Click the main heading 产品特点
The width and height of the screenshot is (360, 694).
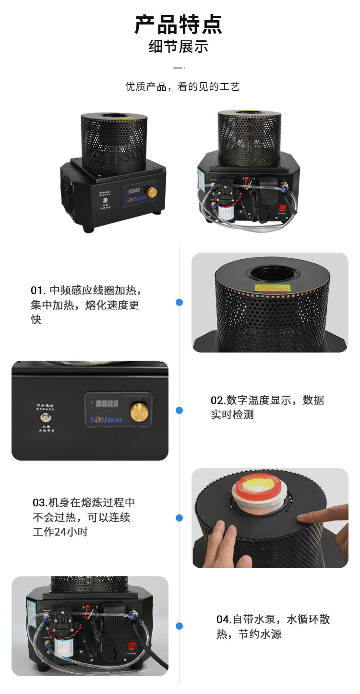point(179,24)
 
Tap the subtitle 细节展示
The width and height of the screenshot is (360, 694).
point(179,47)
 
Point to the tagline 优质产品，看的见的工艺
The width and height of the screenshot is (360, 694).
point(182,86)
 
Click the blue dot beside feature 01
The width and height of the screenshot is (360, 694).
point(179,302)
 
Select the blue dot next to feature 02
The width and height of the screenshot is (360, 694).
point(179,410)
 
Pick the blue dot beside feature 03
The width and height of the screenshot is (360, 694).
point(179,518)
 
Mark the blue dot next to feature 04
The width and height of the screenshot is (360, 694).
point(179,626)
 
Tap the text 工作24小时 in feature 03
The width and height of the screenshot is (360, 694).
point(60,532)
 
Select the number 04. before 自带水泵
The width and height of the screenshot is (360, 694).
point(224,620)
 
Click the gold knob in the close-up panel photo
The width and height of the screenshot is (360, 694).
point(139,412)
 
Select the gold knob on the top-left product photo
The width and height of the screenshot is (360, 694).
point(152,193)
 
